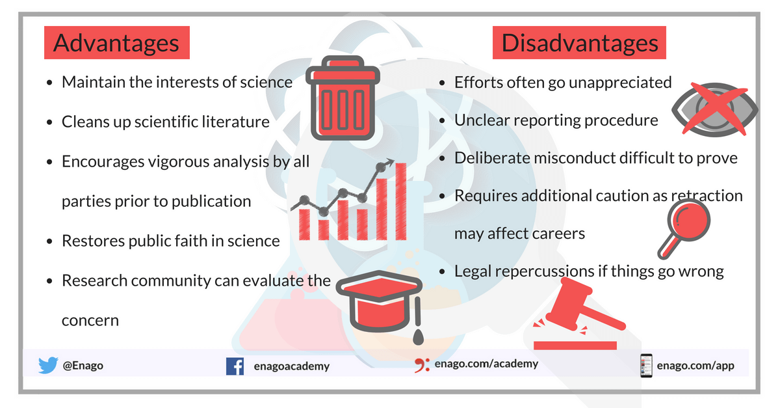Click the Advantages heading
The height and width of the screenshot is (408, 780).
point(116,42)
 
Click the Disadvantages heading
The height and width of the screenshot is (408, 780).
point(579,42)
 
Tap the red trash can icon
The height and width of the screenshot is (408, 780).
point(343,98)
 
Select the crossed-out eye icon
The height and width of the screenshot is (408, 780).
point(714,109)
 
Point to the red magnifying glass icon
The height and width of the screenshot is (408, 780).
point(684,228)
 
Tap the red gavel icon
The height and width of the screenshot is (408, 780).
point(580,313)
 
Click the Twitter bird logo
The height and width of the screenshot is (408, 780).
point(48,365)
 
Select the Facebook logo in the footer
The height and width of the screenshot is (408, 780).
point(235,366)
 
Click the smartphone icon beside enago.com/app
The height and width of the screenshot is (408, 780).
point(646,366)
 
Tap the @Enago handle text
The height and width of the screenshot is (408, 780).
point(83,366)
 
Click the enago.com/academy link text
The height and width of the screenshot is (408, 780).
point(486,364)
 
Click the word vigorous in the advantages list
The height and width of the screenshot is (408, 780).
point(178,162)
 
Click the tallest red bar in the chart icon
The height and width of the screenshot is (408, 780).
point(401,201)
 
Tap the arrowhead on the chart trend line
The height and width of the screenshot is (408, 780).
point(389,163)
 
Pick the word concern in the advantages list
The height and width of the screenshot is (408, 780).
point(90,321)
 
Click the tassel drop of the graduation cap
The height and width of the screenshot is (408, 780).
point(418,336)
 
